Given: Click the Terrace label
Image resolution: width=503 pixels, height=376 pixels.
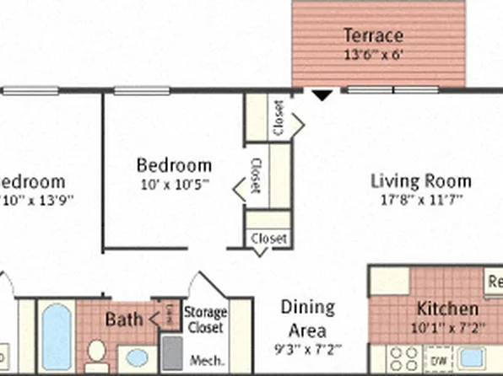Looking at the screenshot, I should [372, 36].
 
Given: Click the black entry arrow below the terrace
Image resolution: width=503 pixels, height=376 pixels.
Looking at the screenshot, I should [321, 95].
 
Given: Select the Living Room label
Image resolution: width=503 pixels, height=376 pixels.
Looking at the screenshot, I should [421, 181].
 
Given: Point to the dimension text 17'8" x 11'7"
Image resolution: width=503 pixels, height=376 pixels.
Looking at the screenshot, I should [421, 201].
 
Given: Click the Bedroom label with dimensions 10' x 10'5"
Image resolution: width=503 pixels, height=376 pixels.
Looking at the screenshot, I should [174, 165].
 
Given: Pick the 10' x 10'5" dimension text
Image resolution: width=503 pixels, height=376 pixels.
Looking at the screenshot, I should [174, 183].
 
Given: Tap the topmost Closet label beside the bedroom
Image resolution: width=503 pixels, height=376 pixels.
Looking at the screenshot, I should [279, 118].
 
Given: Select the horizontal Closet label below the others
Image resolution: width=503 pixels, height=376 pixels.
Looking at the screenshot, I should [269, 239].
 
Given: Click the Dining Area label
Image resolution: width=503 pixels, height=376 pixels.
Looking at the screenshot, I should [307, 319].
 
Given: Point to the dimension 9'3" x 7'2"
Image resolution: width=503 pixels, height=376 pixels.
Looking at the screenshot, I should [307, 346].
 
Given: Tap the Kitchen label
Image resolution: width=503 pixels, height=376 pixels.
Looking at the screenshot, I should [446, 309].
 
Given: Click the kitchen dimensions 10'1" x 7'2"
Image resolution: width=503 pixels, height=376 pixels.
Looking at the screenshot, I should [446, 327].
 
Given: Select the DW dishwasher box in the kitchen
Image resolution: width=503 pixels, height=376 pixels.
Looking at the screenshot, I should [439, 360].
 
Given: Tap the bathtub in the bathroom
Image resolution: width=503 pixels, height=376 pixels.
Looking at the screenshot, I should [56, 337].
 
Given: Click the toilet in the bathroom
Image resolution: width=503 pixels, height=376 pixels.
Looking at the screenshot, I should [96, 354].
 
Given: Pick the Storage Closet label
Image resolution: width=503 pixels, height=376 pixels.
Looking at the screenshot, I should [205, 319].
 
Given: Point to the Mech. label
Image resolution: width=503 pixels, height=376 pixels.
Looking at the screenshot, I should [209, 360].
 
